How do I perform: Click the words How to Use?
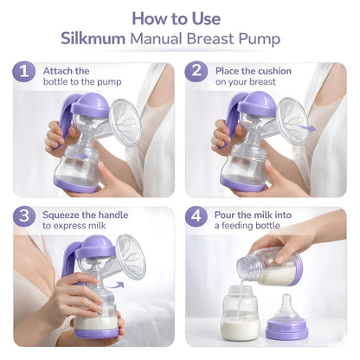(179, 16)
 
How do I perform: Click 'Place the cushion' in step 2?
(254, 70)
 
